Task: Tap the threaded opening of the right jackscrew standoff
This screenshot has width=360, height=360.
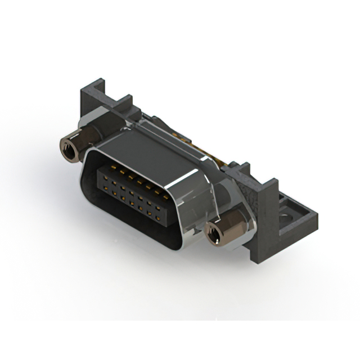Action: (212, 235)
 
